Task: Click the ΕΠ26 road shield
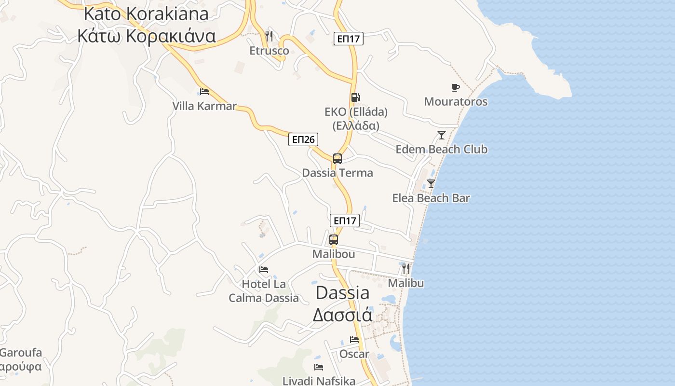tap(303, 140)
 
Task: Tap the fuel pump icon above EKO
tap(355, 97)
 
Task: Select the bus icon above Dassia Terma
tap(337, 158)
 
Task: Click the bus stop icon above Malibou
tap(333, 239)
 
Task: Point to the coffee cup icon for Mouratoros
tap(455, 87)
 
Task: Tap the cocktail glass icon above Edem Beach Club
tap(441, 135)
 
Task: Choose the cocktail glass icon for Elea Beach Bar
tap(431, 184)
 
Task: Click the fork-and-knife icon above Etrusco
tap(269, 36)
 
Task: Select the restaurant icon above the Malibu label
tap(406, 268)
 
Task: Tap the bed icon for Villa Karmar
tap(204, 91)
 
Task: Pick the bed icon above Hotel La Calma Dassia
tap(263, 269)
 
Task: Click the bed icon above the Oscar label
tap(354, 340)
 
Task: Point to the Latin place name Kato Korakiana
tap(146, 14)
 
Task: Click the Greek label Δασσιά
tap(342, 315)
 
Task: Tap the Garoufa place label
tap(20, 353)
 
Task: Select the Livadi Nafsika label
tap(319, 381)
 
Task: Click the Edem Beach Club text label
tap(441, 150)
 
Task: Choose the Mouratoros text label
tap(456, 102)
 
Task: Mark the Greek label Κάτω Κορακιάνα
tap(146, 36)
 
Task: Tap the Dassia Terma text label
tap(337, 173)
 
